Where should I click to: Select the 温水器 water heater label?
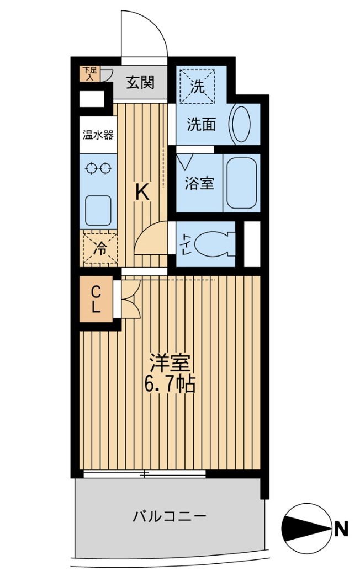98,135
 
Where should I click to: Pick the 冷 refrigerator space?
99,249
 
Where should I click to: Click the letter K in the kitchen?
142,193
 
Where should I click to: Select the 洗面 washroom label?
200,125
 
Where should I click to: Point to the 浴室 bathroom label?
199,184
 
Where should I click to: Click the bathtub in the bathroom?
241,183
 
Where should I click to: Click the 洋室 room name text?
171,363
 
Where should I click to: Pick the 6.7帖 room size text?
171,384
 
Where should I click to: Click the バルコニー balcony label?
170,516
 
